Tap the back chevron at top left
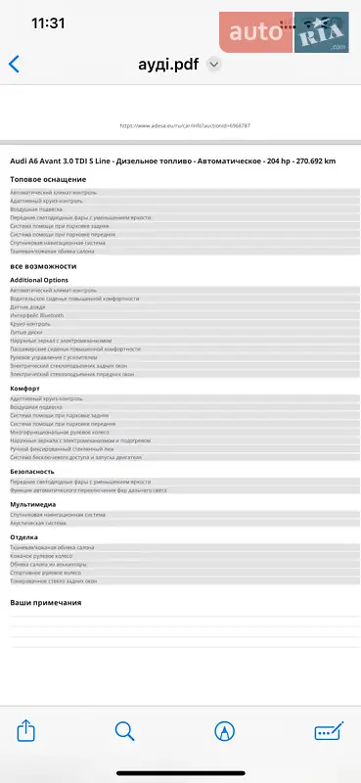tap(14, 65)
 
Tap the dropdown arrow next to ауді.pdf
tap(214, 64)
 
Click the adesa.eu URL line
tap(185, 126)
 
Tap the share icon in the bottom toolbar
tap(27, 730)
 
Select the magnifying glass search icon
tap(125, 730)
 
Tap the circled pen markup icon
tap(226, 730)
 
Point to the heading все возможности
tap(43, 266)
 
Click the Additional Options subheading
tap(39, 280)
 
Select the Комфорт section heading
tap(24, 389)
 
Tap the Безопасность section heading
tap(32, 472)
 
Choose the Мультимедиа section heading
tap(32, 504)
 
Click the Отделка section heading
tap(23, 537)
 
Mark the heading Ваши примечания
tap(45, 602)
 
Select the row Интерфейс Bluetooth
tap(40, 315)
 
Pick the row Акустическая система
tap(43, 522)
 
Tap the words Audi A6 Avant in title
tap(45, 161)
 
